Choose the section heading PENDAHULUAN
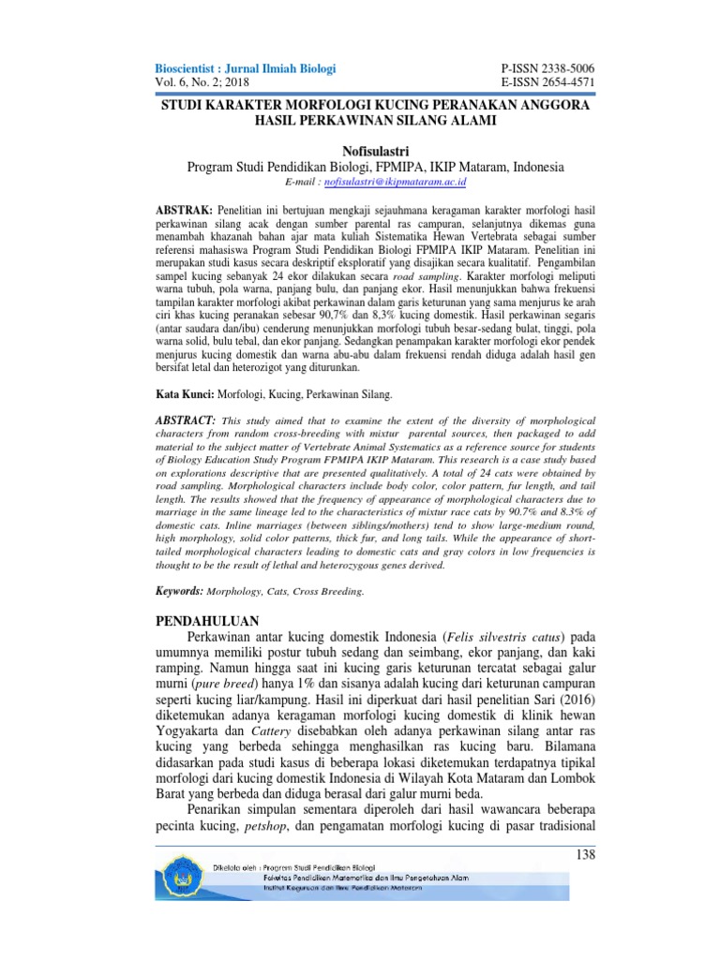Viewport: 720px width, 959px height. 205,622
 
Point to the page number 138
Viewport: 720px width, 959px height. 582,855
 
